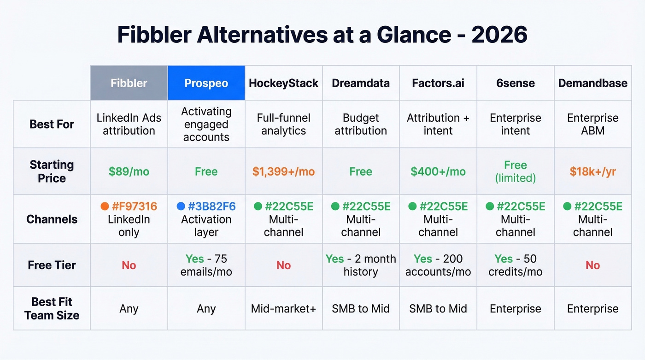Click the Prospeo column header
coord(206,83)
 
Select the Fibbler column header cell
coord(129,83)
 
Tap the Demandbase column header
coord(592,83)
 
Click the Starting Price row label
coord(52,171)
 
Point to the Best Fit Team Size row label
coord(52,308)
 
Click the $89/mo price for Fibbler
coord(129,172)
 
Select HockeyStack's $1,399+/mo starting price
coord(283,172)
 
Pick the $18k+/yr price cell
coord(592,172)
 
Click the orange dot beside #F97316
coord(104,207)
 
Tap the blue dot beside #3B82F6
coord(181,207)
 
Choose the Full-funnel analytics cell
coord(283,124)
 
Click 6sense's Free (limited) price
coord(515,171)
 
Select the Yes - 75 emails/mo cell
coord(206,265)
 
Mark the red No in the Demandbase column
coord(592,265)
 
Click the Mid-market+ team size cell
coord(283,308)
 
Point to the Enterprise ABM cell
coord(592,124)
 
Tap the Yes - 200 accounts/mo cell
coord(438,265)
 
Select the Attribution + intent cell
coord(438,124)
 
